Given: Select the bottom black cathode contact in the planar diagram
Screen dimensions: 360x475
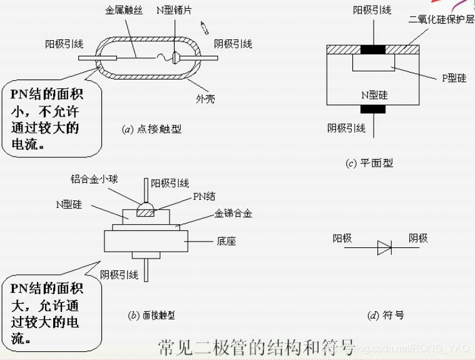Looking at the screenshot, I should pos(374,109).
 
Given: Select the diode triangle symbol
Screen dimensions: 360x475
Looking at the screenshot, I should pos(384,248).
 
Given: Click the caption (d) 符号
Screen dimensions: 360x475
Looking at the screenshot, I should pos(385,315).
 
